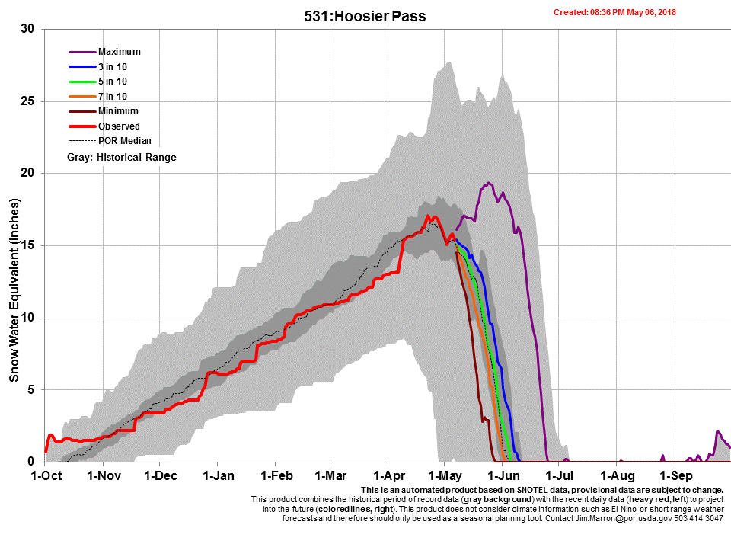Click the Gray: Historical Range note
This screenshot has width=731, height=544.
tap(122, 157)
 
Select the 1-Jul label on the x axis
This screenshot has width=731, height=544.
tap(559, 476)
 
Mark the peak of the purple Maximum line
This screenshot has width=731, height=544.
tap(488, 183)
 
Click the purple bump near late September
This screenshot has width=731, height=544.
tap(719, 433)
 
